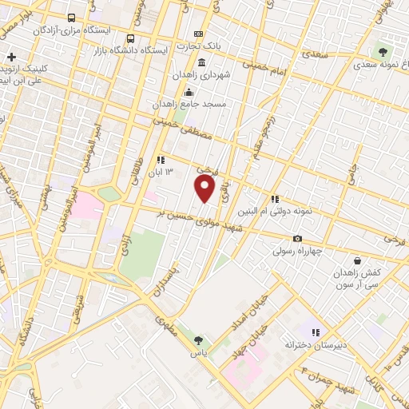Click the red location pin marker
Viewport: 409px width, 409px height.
point(205,189)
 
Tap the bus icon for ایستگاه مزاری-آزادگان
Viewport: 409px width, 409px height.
point(72,18)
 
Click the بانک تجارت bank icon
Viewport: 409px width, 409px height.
point(198,34)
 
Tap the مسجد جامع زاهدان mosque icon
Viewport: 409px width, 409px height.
point(188,90)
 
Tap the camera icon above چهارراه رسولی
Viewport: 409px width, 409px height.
point(298,238)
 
